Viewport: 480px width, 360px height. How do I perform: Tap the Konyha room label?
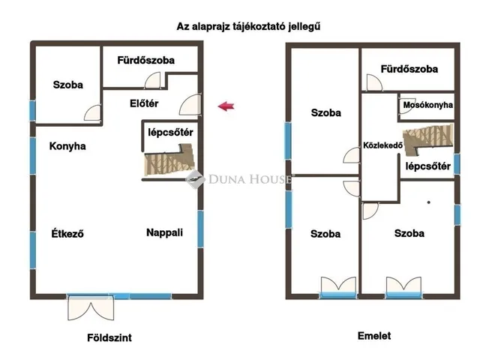[67, 146]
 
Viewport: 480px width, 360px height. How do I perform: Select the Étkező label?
[67, 233]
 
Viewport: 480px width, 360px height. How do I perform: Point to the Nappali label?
[164, 232]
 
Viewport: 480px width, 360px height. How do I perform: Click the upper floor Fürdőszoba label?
[409, 69]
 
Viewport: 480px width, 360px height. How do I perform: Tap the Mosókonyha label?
[427, 105]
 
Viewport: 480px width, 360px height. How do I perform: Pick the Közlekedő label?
[383, 145]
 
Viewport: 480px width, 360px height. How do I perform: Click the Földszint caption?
[110, 337]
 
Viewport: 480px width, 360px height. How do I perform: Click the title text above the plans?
[244, 26]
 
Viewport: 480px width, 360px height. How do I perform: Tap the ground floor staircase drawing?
[168, 163]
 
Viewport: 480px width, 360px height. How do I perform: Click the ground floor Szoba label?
[67, 85]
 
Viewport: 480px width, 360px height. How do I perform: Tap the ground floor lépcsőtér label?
[170, 133]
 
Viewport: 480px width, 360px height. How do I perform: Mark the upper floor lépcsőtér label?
[427, 166]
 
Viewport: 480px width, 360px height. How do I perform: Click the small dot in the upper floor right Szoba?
[429, 202]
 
